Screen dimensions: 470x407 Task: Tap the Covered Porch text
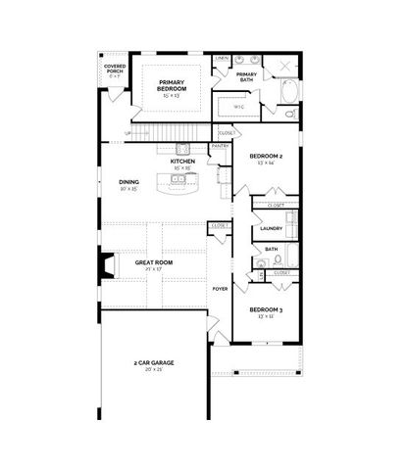[x=115, y=70]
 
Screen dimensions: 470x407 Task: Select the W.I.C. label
[x=238, y=107]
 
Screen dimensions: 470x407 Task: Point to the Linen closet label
[x=223, y=59]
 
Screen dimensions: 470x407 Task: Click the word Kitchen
[x=182, y=161]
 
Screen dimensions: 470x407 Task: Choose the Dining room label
[x=129, y=181]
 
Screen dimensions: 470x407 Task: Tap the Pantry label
[x=220, y=147]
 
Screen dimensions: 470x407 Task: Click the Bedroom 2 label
[x=266, y=157]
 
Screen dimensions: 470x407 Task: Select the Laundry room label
[x=272, y=228]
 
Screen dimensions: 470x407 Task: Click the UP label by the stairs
[x=127, y=133]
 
